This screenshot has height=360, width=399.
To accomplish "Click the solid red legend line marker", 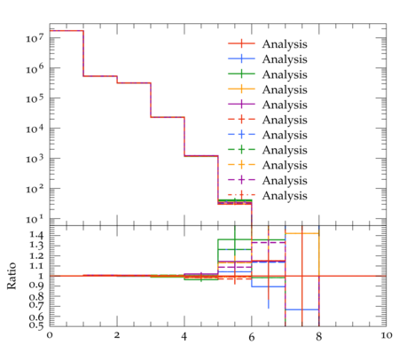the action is coord(241,43).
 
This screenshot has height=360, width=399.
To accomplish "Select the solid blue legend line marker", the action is coord(241,59).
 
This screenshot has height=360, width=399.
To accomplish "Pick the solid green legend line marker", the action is coord(241,74).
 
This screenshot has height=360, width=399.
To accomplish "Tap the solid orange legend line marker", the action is coord(241,89).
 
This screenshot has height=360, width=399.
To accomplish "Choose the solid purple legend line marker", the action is coord(241,105).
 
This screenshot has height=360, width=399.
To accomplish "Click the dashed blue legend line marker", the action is coord(241,135).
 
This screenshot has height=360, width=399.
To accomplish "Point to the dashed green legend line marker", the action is coord(241,150).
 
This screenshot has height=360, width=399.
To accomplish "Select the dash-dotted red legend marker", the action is coord(241,195).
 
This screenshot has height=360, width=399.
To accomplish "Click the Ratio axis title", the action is coord(12,276).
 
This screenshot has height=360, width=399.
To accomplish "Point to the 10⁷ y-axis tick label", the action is coord(35,37).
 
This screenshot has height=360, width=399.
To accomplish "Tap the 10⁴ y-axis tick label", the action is coord(35,128).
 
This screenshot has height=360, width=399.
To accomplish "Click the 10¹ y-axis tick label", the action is coord(35,219).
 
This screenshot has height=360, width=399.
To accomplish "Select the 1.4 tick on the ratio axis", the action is coord(36,235).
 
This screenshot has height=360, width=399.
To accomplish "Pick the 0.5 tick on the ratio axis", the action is coord(36,325).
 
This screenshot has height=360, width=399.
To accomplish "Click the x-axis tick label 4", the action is coord(184,336).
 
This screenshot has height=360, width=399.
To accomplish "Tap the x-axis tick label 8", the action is coord(318,336).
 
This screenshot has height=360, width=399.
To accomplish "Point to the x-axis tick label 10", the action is coord(387,336).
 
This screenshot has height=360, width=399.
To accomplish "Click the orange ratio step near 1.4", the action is coord(302,233).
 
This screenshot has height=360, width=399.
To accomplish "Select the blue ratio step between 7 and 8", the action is coord(302,309).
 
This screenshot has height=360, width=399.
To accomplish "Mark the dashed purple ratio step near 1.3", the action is coord(269,242).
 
